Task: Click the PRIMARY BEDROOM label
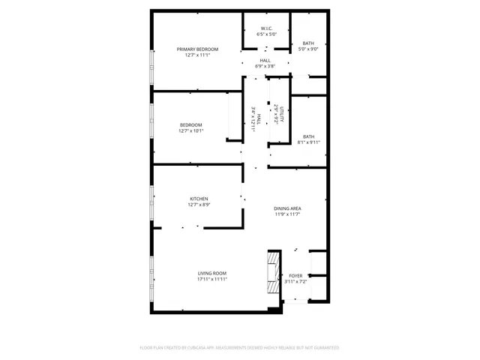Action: pyautogui.click(x=197, y=49)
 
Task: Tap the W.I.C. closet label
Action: pyautogui.click(x=266, y=28)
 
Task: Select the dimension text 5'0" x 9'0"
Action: pyautogui.click(x=308, y=49)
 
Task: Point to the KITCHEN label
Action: pyautogui.click(x=197, y=199)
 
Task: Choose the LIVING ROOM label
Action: pyautogui.click(x=211, y=273)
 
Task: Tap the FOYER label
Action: pyautogui.click(x=295, y=275)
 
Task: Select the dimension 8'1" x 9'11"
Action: pyautogui.click(x=308, y=142)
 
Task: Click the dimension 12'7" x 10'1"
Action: pyautogui.click(x=190, y=130)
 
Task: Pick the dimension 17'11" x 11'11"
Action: pyautogui.click(x=211, y=279)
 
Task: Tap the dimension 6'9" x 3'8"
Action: pyautogui.click(x=265, y=67)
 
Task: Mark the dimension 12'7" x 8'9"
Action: pyautogui.click(x=198, y=205)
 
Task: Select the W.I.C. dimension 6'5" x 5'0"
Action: pyautogui.click(x=266, y=34)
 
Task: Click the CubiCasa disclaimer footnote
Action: pyautogui.click(x=239, y=347)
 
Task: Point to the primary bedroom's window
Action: pyautogui.click(x=151, y=70)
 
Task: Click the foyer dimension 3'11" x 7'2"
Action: pyautogui.click(x=295, y=281)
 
